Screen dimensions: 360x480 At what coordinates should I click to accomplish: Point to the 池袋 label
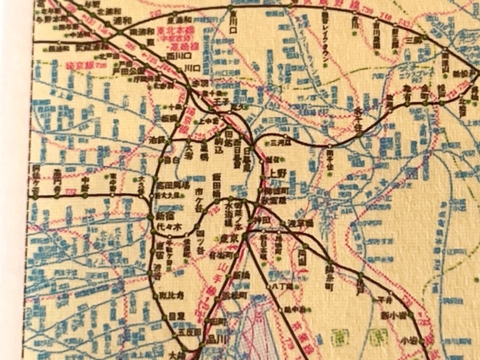[x=156, y=139]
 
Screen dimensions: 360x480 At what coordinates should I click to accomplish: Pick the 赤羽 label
[x=200, y=83]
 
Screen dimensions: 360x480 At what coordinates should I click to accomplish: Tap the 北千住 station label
[x=357, y=113]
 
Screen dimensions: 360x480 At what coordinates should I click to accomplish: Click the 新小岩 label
[x=391, y=313]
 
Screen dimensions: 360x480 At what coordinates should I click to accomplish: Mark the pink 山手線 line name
[x=204, y=292]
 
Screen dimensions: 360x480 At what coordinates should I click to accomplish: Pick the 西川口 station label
[x=168, y=55]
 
